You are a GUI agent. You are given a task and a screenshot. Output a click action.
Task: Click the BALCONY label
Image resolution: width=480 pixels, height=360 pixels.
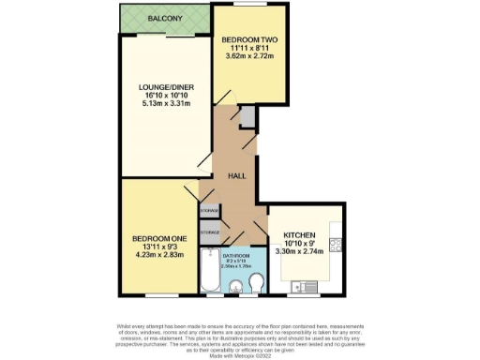pyautogui.click(x=165, y=17)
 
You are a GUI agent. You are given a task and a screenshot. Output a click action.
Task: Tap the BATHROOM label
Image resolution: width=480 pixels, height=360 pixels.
pyautogui.click(x=235, y=256)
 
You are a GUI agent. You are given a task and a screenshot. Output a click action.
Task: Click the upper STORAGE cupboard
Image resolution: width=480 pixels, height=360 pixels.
pyautogui.click(x=209, y=212)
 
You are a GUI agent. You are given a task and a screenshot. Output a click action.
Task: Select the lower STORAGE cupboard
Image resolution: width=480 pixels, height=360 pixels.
pyautogui.click(x=209, y=232)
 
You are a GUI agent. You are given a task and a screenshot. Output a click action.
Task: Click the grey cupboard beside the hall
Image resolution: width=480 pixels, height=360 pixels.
pyautogui.click(x=247, y=117)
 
